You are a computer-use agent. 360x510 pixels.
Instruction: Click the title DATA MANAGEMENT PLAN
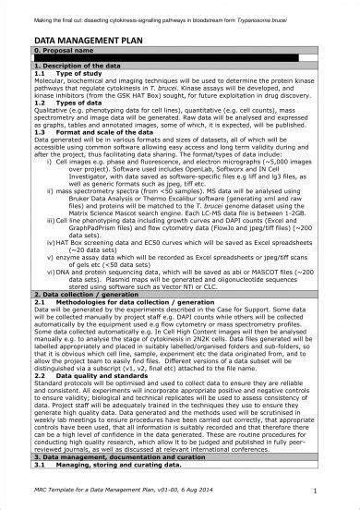(x=90, y=42)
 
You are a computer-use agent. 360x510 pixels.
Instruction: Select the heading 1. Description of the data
(x=78, y=68)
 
